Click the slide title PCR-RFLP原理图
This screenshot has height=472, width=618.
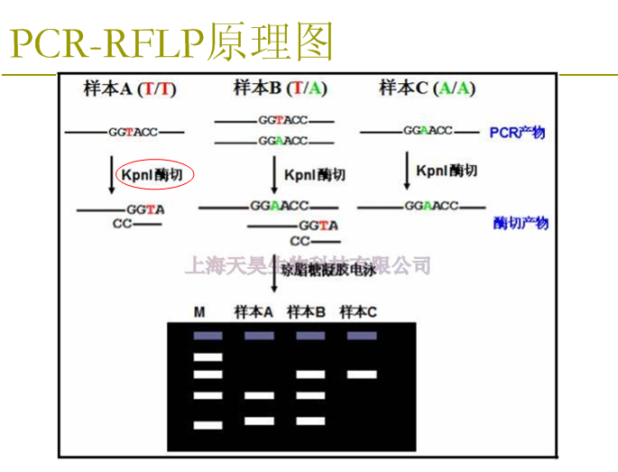click(171, 41)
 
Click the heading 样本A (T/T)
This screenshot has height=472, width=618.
click(130, 88)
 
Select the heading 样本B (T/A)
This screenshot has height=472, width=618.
click(281, 88)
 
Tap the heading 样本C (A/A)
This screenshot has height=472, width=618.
click(427, 88)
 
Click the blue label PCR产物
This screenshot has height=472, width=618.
click(517, 133)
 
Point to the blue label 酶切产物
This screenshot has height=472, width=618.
click(521, 223)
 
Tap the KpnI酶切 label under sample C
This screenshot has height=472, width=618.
click(447, 171)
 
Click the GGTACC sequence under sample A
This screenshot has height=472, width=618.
click(133, 132)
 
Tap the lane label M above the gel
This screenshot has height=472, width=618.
click(199, 312)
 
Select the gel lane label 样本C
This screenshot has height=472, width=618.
click(358, 312)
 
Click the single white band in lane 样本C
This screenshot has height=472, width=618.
click(362, 374)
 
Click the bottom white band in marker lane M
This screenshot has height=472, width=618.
click(208, 424)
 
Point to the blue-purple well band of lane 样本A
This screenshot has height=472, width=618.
click(259, 336)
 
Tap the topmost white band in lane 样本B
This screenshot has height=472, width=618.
click(310, 374)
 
